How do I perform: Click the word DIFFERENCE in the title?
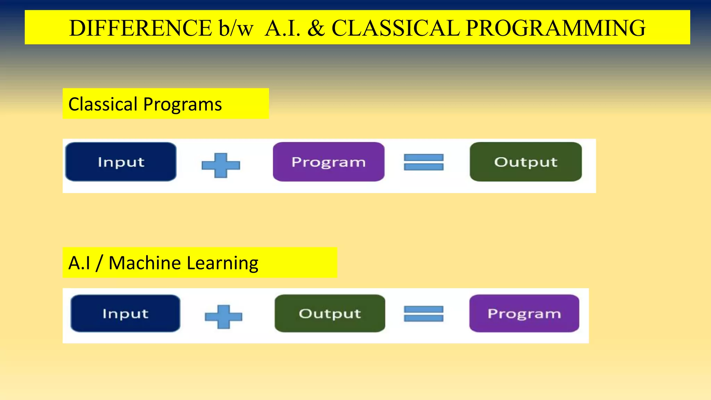pos(140,28)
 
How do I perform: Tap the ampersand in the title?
pos(316,28)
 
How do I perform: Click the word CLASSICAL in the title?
pos(395,28)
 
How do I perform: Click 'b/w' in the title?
pos(236,28)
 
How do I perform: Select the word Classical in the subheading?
pos(103,104)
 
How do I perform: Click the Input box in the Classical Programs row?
pos(121,162)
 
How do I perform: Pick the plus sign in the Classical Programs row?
pos(221,165)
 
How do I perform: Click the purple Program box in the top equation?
pos(328,162)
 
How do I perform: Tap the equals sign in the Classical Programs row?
pos(424,162)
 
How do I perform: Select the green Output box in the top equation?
pos(526,162)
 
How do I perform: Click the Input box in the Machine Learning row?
pos(125,314)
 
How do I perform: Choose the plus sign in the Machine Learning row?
pos(223,317)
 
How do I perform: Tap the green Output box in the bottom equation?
pos(330,314)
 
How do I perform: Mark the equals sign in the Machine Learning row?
pos(424,314)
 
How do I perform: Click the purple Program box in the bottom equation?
pos(524,314)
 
